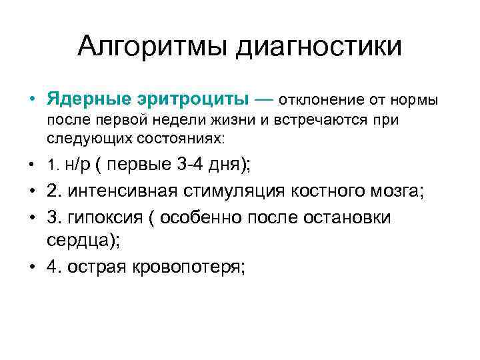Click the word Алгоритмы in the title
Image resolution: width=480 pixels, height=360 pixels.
tap(155, 46)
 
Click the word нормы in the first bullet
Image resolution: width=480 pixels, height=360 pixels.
tap(413, 100)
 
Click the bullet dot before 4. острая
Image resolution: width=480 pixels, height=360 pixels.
tap(33, 267)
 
